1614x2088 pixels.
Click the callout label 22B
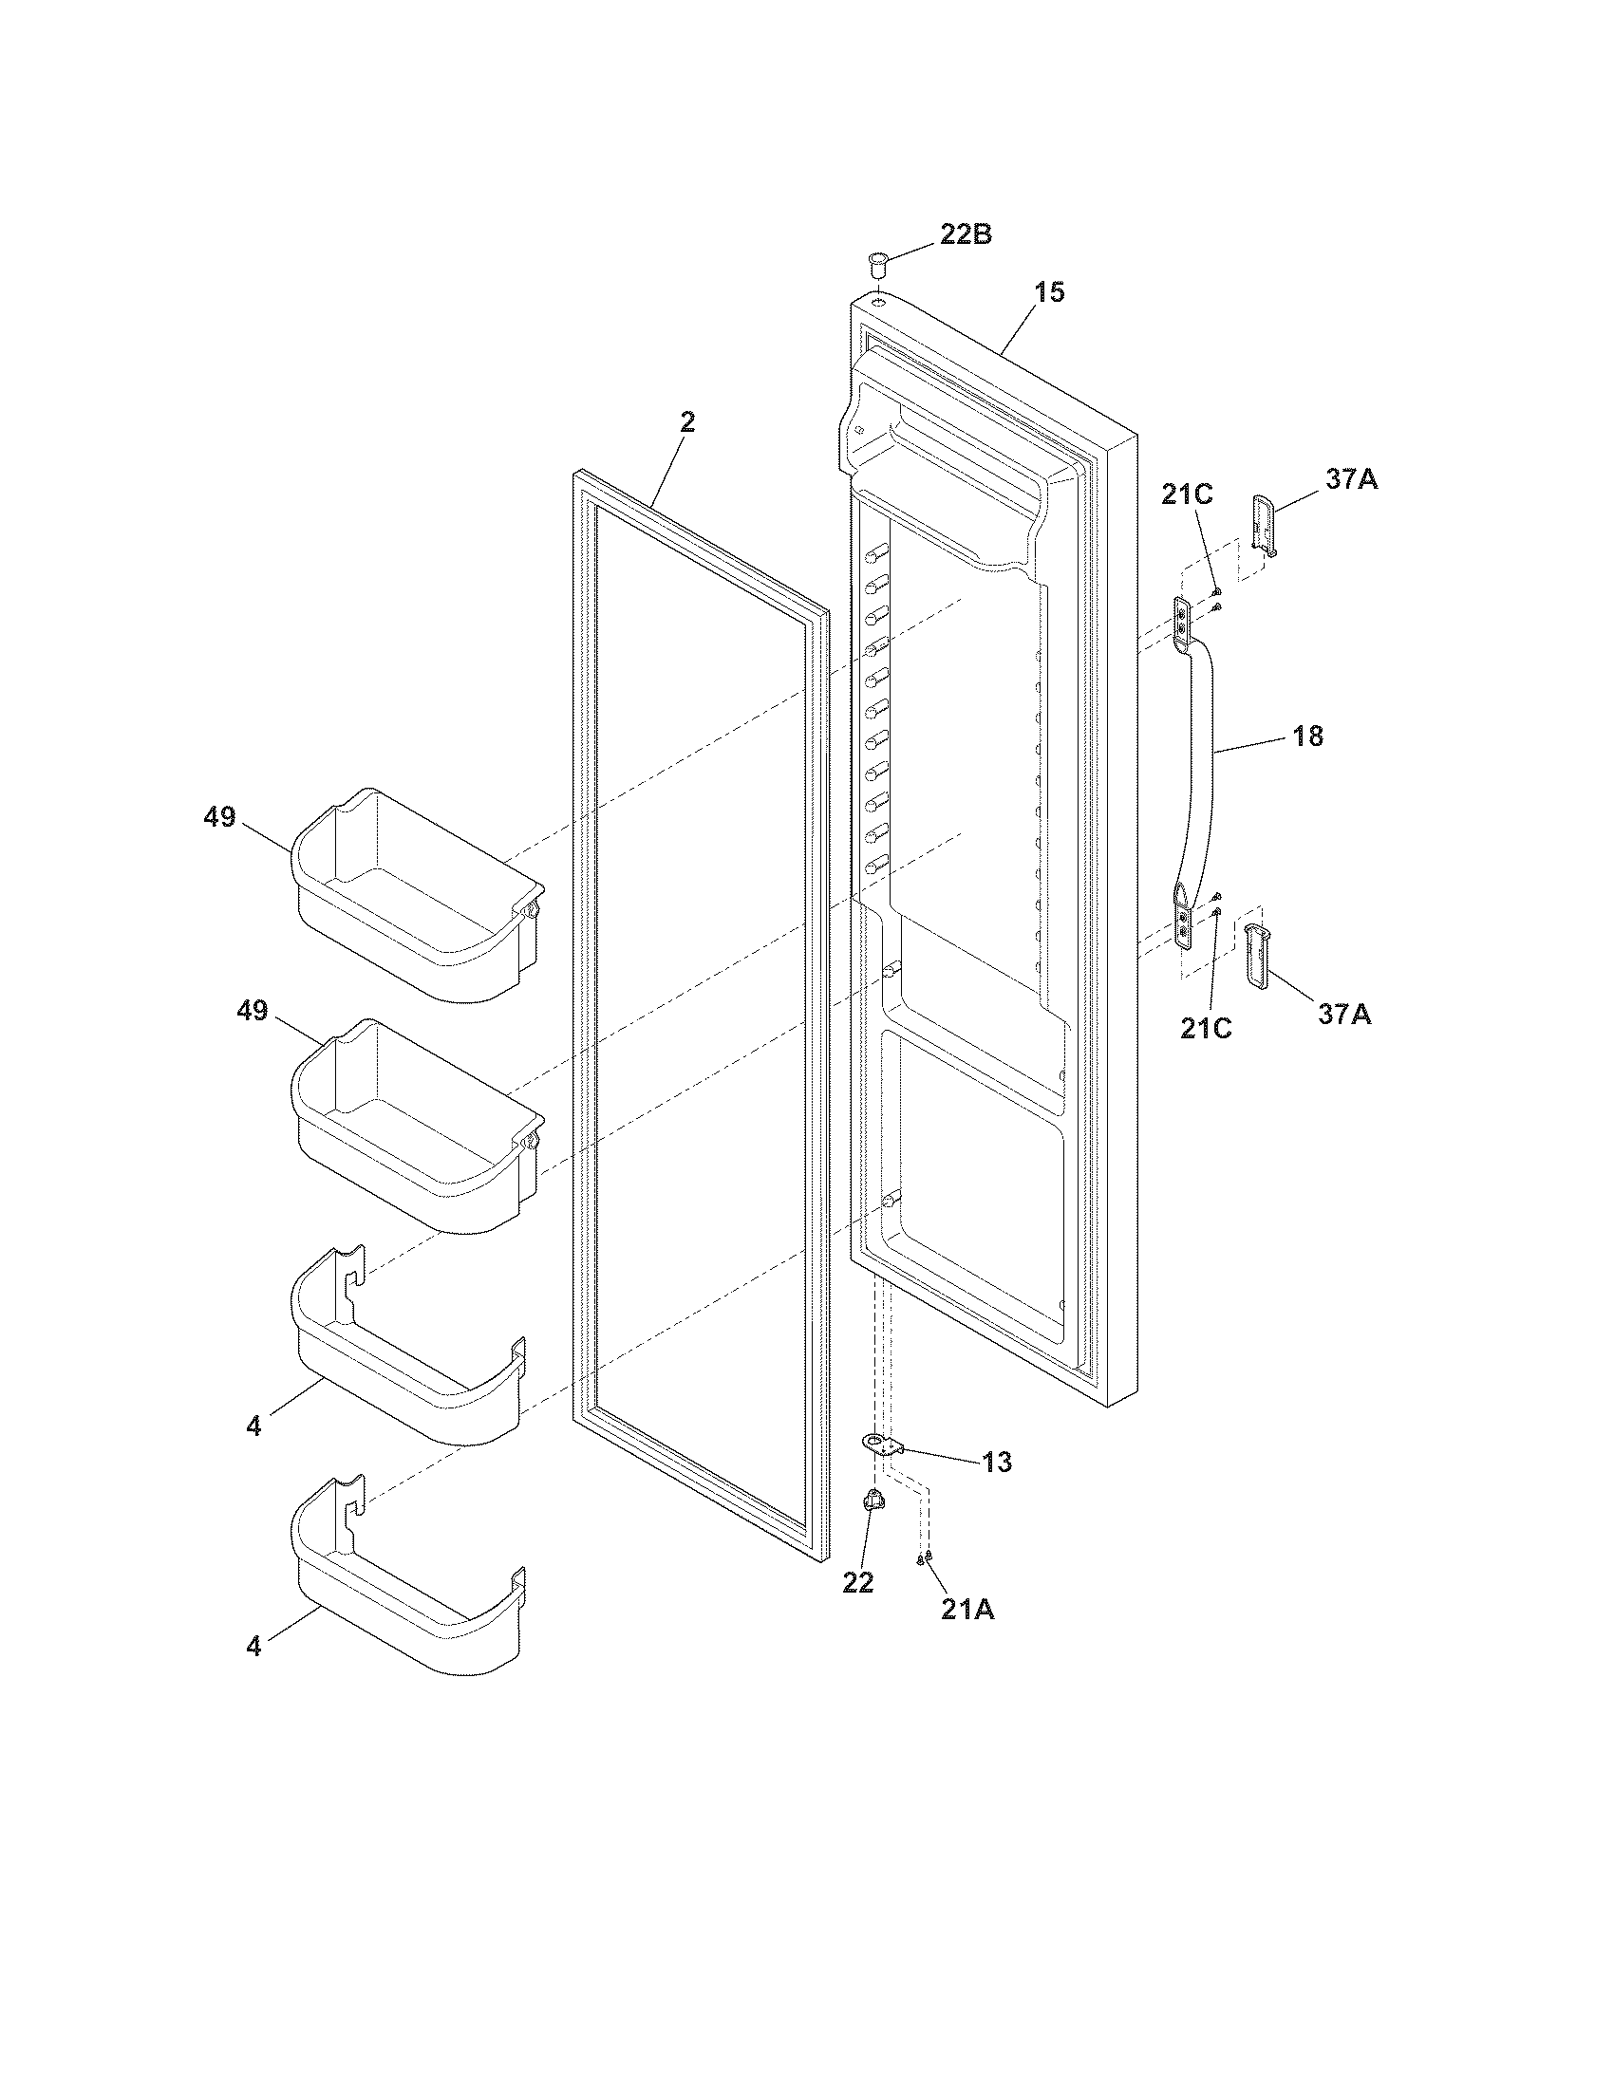point(965,234)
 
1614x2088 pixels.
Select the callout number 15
point(1049,292)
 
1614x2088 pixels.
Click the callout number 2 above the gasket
point(687,421)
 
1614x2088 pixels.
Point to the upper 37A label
point(1351,479)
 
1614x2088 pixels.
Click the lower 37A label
point(1344,1015)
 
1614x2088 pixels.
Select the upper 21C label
point(1187,494)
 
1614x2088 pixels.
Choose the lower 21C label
point(1205,1028)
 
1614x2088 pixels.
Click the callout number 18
point(1307,736)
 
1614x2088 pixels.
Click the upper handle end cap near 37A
point(1263,525)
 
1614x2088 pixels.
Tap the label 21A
point(967,1610)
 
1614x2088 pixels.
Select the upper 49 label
point(219,817)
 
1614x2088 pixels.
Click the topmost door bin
point(416,894)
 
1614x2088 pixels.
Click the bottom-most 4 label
point(253,1648)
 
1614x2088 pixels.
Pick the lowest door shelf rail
point(411,1625)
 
